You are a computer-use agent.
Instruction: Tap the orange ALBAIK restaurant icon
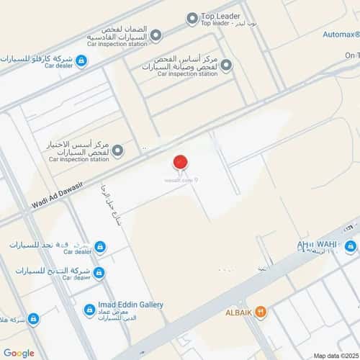click(261, 312)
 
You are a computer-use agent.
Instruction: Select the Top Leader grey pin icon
click(192, 19)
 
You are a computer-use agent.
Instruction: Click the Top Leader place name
click(220, 17)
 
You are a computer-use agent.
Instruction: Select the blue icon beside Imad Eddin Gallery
click(89, 310)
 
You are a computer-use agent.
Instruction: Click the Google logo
click(19, 352)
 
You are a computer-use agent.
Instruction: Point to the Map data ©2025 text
click(336, 355)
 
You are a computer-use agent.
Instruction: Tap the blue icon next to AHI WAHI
click(351, 247)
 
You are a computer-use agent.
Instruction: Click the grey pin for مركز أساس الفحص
click(226, 66)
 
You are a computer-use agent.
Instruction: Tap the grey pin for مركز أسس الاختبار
click(117, 150)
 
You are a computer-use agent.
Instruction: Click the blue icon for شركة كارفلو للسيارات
click(81, 61)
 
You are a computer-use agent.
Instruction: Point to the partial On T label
click(351, 55)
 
